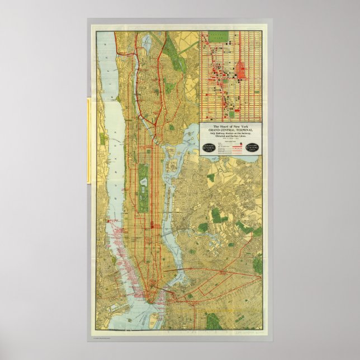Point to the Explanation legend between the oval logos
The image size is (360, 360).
[230, 149]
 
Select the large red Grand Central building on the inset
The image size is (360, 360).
[241, 70]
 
